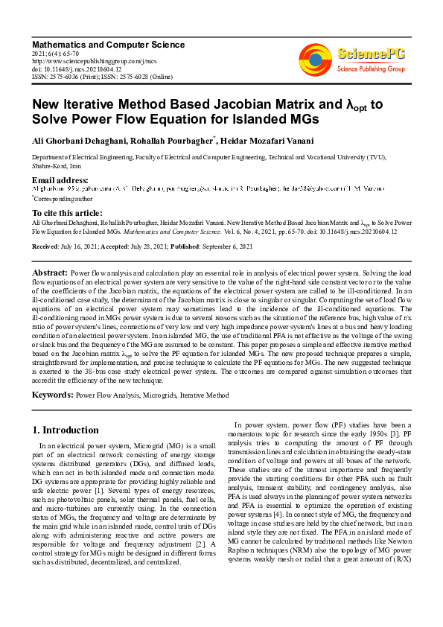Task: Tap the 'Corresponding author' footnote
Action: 63,199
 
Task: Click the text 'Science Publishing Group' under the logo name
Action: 371,69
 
